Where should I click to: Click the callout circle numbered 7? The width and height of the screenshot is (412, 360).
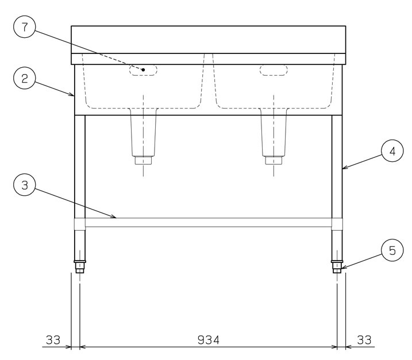25,27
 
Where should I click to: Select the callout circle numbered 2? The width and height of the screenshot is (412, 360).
25,78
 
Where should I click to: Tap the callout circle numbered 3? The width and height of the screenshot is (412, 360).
25,185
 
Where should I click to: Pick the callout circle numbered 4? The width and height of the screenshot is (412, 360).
392,151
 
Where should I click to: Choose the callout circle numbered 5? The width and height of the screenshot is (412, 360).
392,250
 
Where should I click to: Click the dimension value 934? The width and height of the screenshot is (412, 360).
209,340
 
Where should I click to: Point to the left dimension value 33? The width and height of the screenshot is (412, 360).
53,340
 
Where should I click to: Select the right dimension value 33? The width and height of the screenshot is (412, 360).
364,340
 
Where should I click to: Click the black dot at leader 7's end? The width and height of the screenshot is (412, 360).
143,69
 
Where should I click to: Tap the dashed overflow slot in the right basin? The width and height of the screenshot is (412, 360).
274,70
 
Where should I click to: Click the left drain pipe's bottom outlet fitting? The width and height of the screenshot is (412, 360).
143,160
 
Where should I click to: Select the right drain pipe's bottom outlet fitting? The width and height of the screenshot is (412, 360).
274,160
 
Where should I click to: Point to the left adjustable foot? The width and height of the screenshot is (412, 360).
80,266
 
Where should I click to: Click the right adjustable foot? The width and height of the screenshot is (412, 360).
337,266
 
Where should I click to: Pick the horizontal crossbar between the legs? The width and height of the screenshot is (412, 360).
209,222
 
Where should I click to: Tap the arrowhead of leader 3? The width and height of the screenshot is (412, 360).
114,216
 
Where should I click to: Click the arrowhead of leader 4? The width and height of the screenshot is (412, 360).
345,167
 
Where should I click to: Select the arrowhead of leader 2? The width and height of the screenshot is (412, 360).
72,94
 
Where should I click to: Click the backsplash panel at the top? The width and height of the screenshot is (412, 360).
209,40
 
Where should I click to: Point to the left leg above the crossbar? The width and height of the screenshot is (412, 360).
80,167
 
